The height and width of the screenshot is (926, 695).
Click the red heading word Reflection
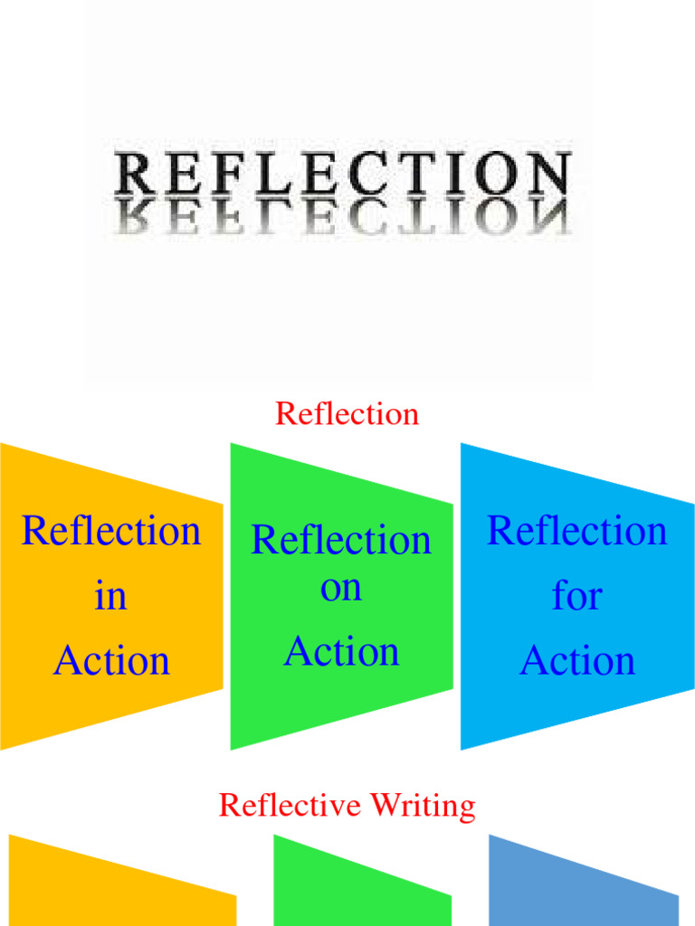(347, 414)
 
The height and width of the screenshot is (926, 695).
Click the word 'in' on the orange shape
(110, 596)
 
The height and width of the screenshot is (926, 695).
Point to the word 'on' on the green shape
(341, 588)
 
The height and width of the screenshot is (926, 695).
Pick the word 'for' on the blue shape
(577, 596)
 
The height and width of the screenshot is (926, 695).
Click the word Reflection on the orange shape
(110, 531)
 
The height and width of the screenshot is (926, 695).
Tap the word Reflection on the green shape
(341, 541)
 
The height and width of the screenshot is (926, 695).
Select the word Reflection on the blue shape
(577, 531)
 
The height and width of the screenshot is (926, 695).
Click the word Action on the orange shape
(111, 661)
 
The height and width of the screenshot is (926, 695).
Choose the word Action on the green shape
(341, 652)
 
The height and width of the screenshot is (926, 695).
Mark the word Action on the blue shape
(577, 661)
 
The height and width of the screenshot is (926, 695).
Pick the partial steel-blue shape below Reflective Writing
(579, 891)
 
